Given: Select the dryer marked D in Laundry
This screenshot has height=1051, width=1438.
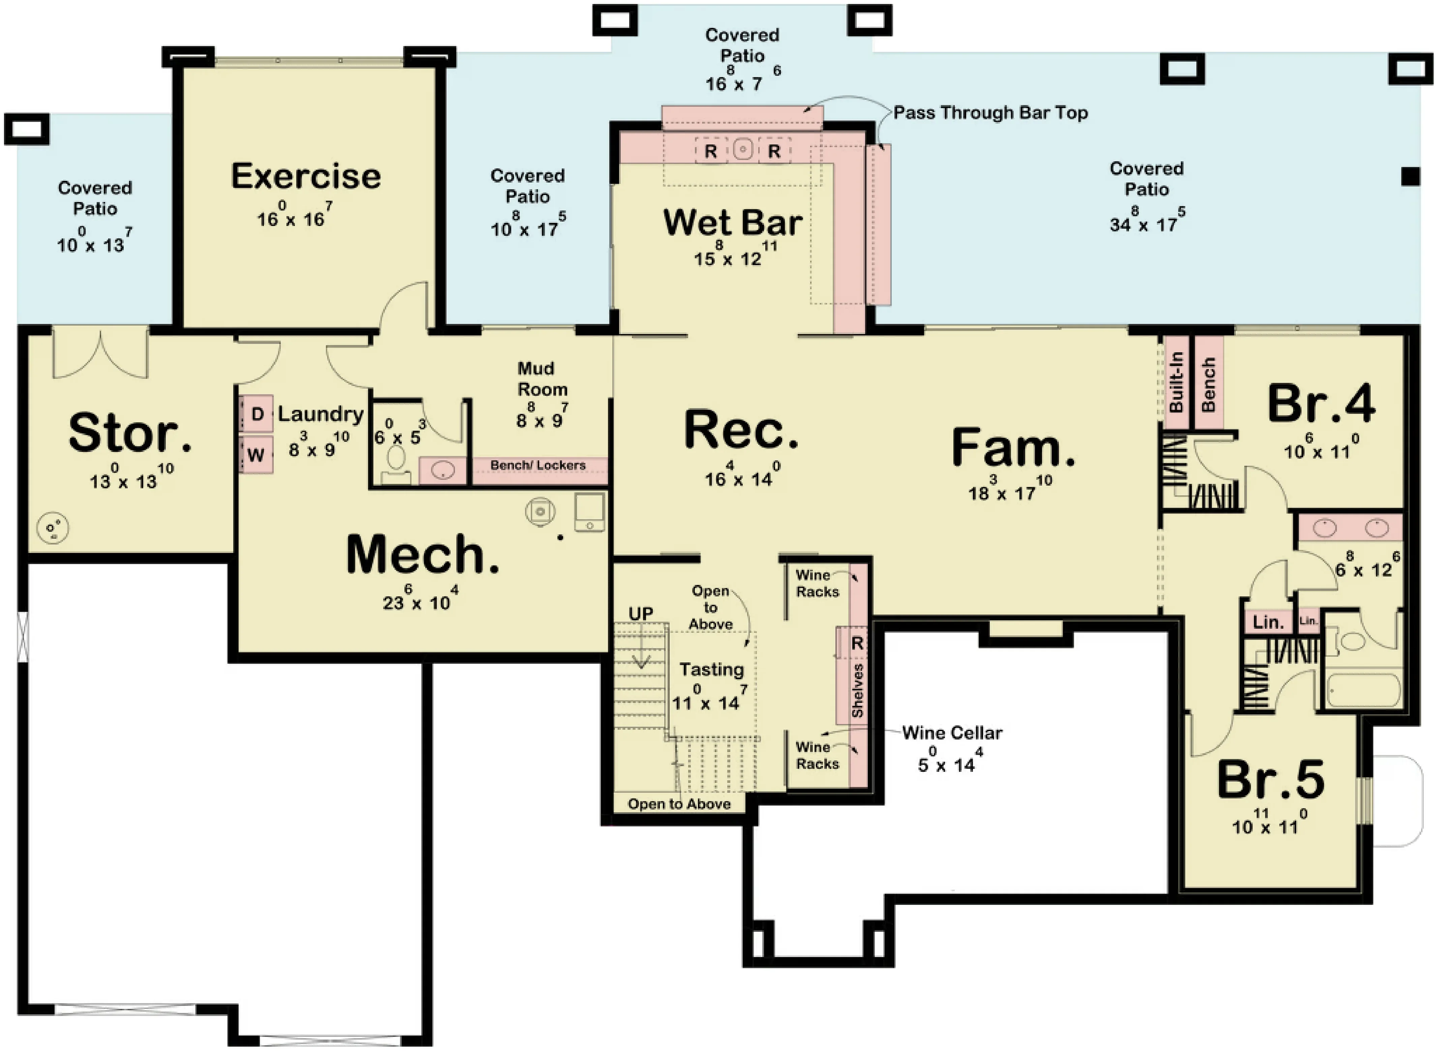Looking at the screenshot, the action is tap(257, 414).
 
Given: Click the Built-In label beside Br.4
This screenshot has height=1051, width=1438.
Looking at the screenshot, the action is tap(1176, 382).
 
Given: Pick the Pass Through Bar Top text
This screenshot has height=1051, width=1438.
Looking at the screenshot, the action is tap(990, 112).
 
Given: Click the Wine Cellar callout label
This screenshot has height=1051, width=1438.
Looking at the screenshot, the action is tap(952, 733).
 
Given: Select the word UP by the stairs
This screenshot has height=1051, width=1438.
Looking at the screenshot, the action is tap(640, 614).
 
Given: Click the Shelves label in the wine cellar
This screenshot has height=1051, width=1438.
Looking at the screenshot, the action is tap(857, 690).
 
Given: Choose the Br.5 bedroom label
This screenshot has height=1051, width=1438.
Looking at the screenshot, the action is tap(1271, 780).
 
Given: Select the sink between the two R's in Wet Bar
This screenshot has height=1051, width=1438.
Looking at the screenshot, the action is tap(742, 150).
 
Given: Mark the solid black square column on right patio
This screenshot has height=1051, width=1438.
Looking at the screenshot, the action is tap(1411, 176).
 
